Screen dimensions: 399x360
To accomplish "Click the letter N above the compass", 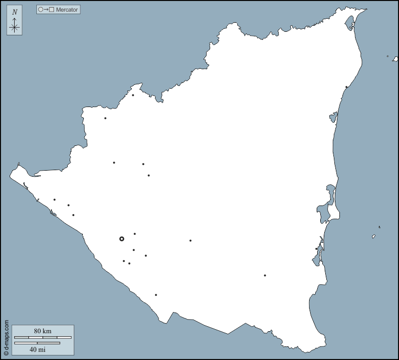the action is coord(15,12).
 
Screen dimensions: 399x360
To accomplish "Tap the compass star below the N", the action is coord(15,27).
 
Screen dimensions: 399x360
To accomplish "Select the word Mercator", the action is coord(67,10).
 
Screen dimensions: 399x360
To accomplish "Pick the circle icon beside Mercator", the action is coord(40,10).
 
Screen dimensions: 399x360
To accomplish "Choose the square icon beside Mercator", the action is coord(52,10).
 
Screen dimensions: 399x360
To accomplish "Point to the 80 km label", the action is coord(43,331).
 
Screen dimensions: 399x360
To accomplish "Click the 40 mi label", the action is coord(37,349).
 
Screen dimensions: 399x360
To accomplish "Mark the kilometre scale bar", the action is coord(43,337).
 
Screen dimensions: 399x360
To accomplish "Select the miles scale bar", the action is coord(37,343).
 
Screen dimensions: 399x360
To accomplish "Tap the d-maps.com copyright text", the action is coord(6,337).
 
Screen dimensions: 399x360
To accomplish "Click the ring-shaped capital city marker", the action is coord(122,239).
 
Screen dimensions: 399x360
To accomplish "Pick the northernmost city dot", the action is coord(133,95).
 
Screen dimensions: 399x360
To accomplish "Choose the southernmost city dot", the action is coord(156,295).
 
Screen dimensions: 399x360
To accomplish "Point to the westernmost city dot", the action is coord(55,199).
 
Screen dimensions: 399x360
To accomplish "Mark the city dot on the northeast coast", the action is coord(346,87).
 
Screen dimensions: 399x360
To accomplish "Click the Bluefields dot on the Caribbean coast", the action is coord(317,248).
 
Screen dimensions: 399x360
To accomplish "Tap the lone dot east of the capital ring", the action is coord(190,240).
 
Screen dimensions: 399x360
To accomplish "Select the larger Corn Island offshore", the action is coord(374,236).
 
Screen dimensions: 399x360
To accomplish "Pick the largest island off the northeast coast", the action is coord(395,59).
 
